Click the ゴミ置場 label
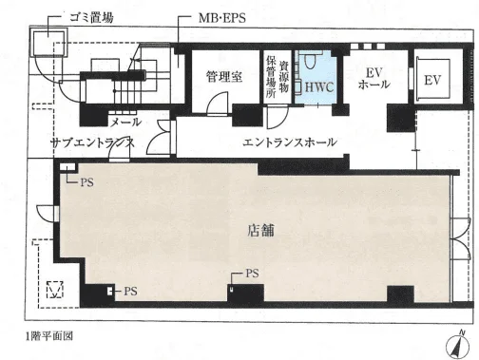tap(91, 17)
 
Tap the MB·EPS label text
tap(222, 18)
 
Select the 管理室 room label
tap(224, 77)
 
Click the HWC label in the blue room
tap(319, 87)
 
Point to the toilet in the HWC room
tap(311, 61)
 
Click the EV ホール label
tap(374, 78)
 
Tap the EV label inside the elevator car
tap(432, 80)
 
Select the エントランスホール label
tap(290, 142)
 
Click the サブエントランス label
tap(92, 142)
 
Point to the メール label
tap(125, 122)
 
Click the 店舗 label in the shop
tap(260, 230)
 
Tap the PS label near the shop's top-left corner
tap(86, 182)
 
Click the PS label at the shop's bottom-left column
tap(130, 291)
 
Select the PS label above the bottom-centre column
tap(252, 274)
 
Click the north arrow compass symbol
tap(457, 346)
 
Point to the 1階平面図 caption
tap(49, 336)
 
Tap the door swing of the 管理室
tap(218, 104)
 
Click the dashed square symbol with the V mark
tap(55, 290)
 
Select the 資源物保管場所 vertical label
tap(278, 78)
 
